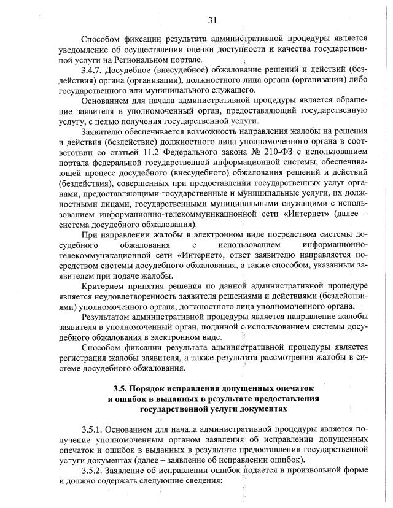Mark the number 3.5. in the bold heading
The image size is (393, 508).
point(123,389)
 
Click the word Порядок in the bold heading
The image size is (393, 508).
point(157,389)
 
